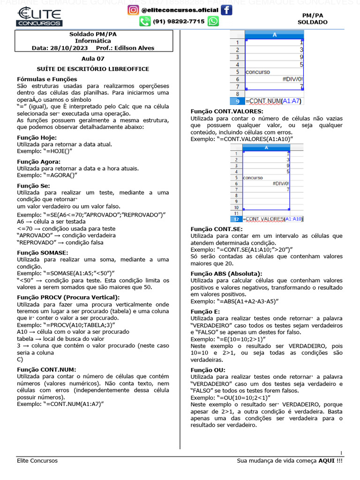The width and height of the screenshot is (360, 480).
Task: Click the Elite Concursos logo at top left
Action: click(39, 16)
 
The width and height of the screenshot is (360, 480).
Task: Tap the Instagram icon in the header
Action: click(133, 10)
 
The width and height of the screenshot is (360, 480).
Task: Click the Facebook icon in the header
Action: click(226, 10)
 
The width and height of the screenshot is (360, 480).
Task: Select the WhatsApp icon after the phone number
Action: click(213, 21)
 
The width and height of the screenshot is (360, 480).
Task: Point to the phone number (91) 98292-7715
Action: click(179, 21)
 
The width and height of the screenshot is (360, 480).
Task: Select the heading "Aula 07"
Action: click(93, 59)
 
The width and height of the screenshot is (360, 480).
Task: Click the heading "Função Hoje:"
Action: click(37, 137)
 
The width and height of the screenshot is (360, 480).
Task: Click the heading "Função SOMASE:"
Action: click(42, 253)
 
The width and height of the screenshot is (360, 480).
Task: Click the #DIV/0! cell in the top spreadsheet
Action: click(292, 79)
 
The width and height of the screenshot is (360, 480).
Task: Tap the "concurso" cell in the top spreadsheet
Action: click(257, 72)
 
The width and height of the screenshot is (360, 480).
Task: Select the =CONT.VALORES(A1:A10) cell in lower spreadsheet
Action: click(273, 219)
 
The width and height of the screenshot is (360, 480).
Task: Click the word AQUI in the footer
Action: click(327, 461)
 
